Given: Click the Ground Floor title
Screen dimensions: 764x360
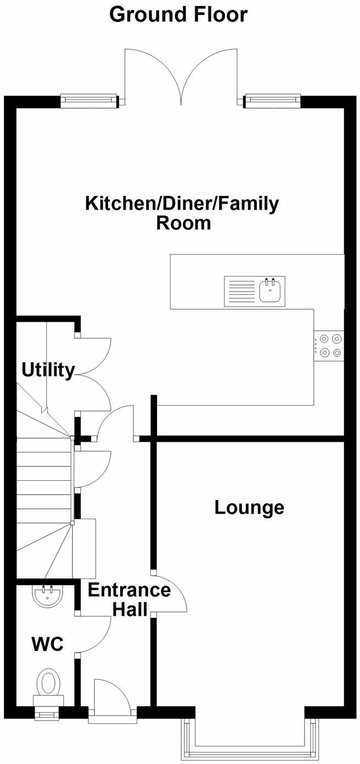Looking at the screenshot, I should pos(178,15).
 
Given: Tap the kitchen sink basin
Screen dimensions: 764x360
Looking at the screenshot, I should pos(271,290).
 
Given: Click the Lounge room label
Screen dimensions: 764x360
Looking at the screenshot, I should pos(249,508).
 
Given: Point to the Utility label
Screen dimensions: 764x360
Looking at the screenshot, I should pos(48,370).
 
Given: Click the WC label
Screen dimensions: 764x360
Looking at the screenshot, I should pos(48,643).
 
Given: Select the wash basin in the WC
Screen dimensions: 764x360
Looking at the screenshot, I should pos(47,596).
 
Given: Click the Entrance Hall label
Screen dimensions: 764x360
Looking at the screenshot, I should pos(130,599).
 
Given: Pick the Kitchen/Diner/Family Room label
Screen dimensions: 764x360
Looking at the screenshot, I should pos(182,213).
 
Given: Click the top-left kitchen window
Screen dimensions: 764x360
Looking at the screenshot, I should pos(89,100).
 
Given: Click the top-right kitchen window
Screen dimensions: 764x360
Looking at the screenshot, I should pos(273,100).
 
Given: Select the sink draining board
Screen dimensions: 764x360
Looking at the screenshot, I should pos(240,291).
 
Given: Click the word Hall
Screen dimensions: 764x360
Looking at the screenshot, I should pos(130,609).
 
